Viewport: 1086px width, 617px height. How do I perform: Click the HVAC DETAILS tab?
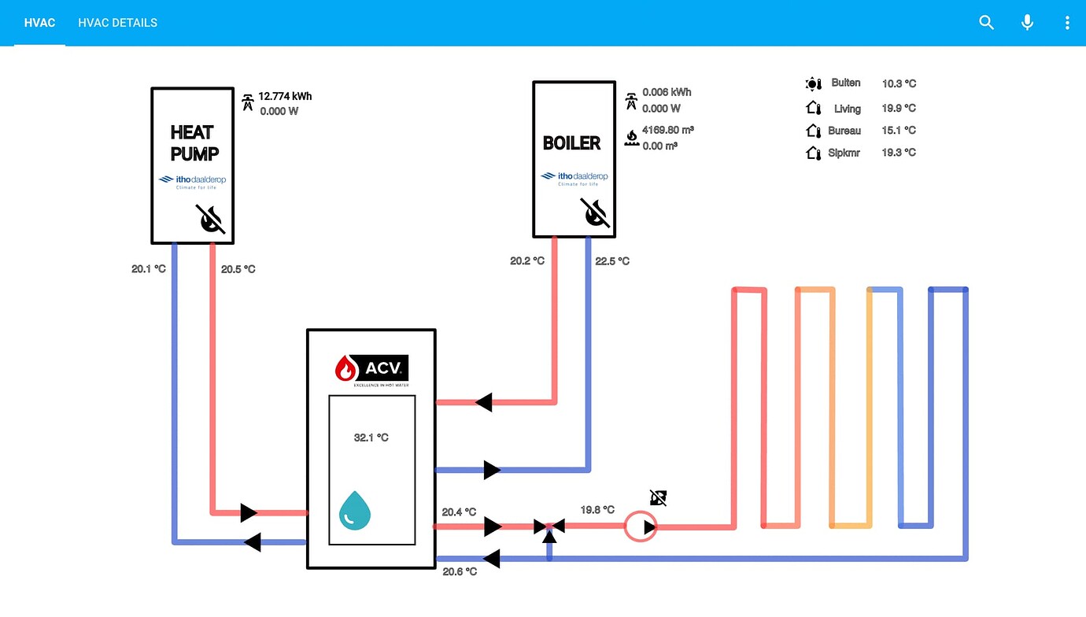point(117,23)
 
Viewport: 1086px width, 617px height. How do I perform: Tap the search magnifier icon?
point(986,23)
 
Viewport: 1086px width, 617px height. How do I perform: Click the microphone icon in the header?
point(1027,23)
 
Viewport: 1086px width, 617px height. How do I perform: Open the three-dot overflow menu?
point(1067,23)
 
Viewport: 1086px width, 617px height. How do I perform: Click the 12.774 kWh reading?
point(285,96)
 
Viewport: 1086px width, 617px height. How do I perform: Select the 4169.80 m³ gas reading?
point(667,130)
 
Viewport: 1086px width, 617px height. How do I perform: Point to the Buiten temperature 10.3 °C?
point(899,83)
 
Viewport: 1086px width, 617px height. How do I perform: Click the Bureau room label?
point(844,131)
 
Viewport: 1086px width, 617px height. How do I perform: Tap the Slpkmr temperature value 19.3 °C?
point(899,153)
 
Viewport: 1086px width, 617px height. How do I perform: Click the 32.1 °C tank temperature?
point(371,438)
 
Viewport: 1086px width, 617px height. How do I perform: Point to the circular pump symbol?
point(641,526)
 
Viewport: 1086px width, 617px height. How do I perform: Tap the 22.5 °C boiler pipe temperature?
point(612,261)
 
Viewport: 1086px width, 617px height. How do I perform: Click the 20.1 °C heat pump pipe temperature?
point(149,269)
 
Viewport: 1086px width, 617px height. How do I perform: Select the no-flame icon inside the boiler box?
point(595,213)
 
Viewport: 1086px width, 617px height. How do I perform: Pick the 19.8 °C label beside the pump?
point(597,510)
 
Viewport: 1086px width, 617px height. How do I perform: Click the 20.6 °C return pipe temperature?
point(460,571)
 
